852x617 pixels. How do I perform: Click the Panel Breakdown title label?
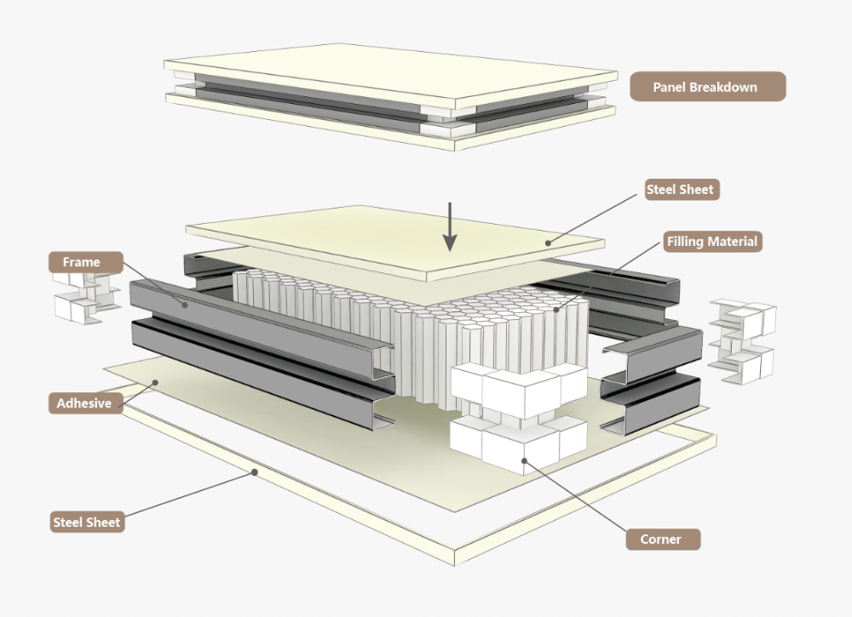(705, 87)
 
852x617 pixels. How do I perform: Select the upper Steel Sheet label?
(680, 190)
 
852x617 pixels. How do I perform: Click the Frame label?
(81, 262)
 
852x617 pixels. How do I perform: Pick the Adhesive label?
(83, 403)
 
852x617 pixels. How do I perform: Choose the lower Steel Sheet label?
(87, 522)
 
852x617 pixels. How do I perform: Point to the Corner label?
(661, 539)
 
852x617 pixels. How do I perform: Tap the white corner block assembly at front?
(516, 417)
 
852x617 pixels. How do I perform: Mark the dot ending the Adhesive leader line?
(156, 382)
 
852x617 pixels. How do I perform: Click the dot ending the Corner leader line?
(525, 460)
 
